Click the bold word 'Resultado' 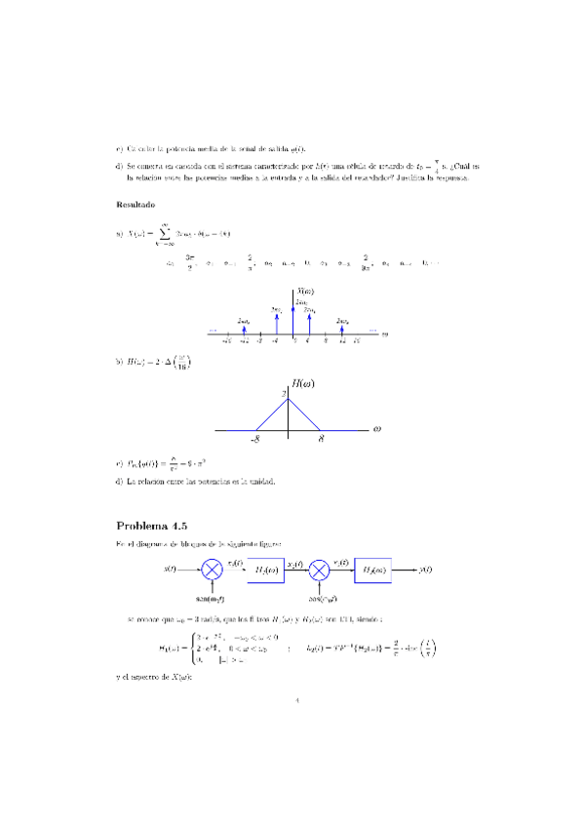click(x=136, y=205)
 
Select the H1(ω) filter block click(x=265, y=570)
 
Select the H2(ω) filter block click(x=376, y=570)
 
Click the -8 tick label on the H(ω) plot click(x=254, y=439)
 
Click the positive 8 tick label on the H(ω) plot click(x=320, y=439)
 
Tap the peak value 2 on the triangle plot click(x=284, y=394)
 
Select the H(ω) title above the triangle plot click(x=302, y=383)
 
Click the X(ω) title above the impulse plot click(x=306, y=291)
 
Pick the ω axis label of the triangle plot click(x=374, y=427)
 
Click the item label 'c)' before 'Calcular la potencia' click(x=119, y=149)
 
